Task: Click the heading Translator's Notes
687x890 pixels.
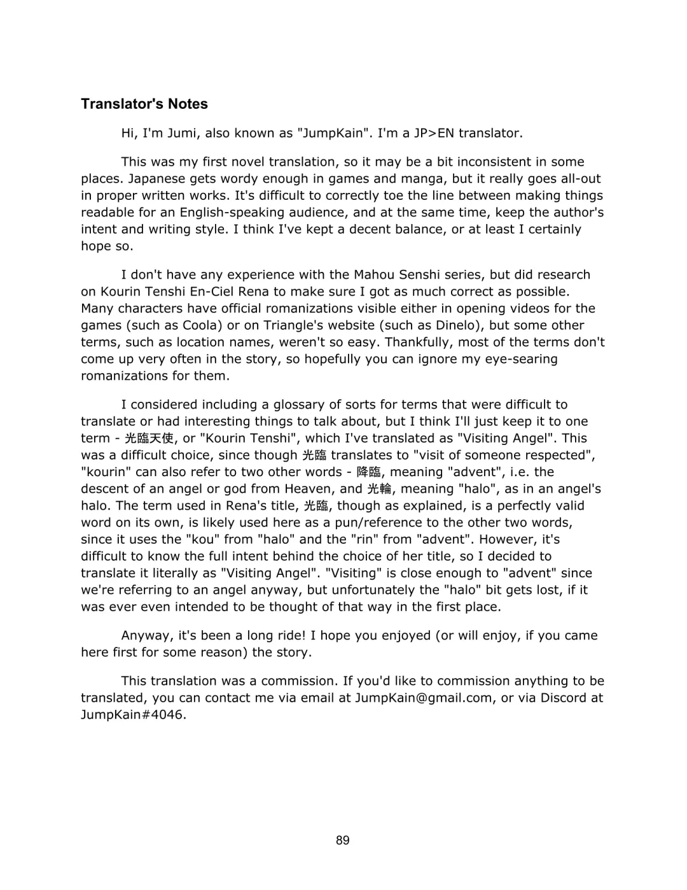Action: pyautogui.click(x=144, y=104)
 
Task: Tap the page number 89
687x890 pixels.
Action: pyautogui.click(x=343, y=840)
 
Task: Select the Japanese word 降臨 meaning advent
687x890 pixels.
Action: pyautogui.click(x=369, y=472)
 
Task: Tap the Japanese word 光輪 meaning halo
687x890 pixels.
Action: pyautogui.click(x=379, y=490)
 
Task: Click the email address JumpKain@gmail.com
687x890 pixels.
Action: pyautogui.click(x=424, y=698)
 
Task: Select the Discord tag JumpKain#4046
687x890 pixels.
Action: pyautogui.click(x=134, y=714)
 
